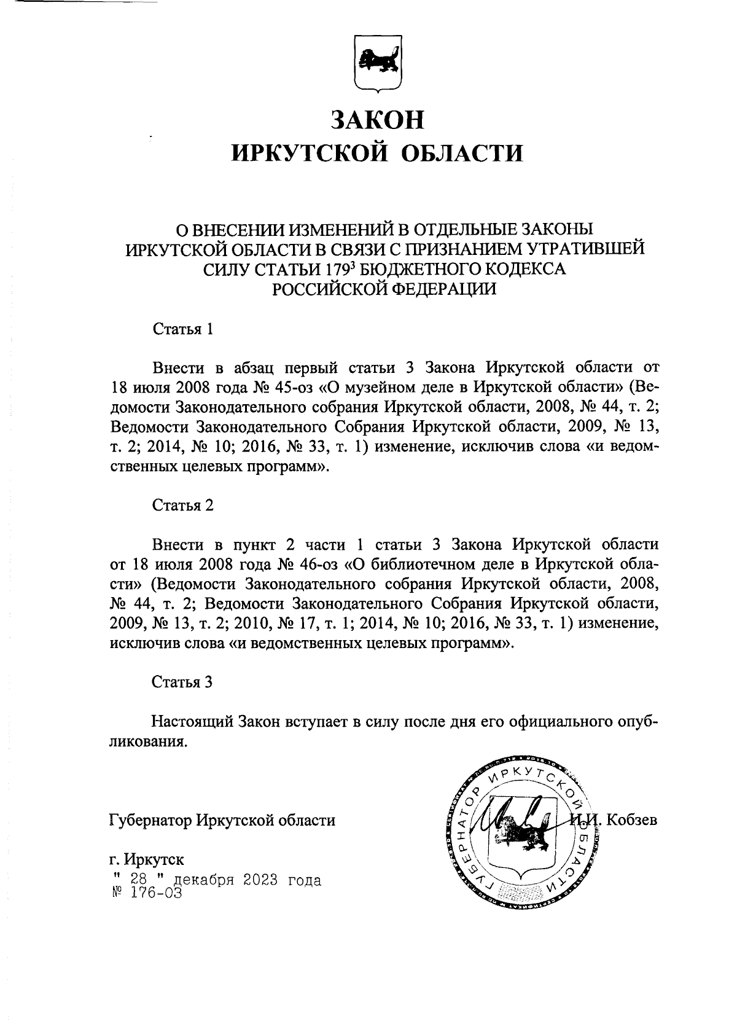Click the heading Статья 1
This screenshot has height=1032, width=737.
tap(182, 329)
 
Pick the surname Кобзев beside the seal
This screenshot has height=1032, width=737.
tap(632, 819)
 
